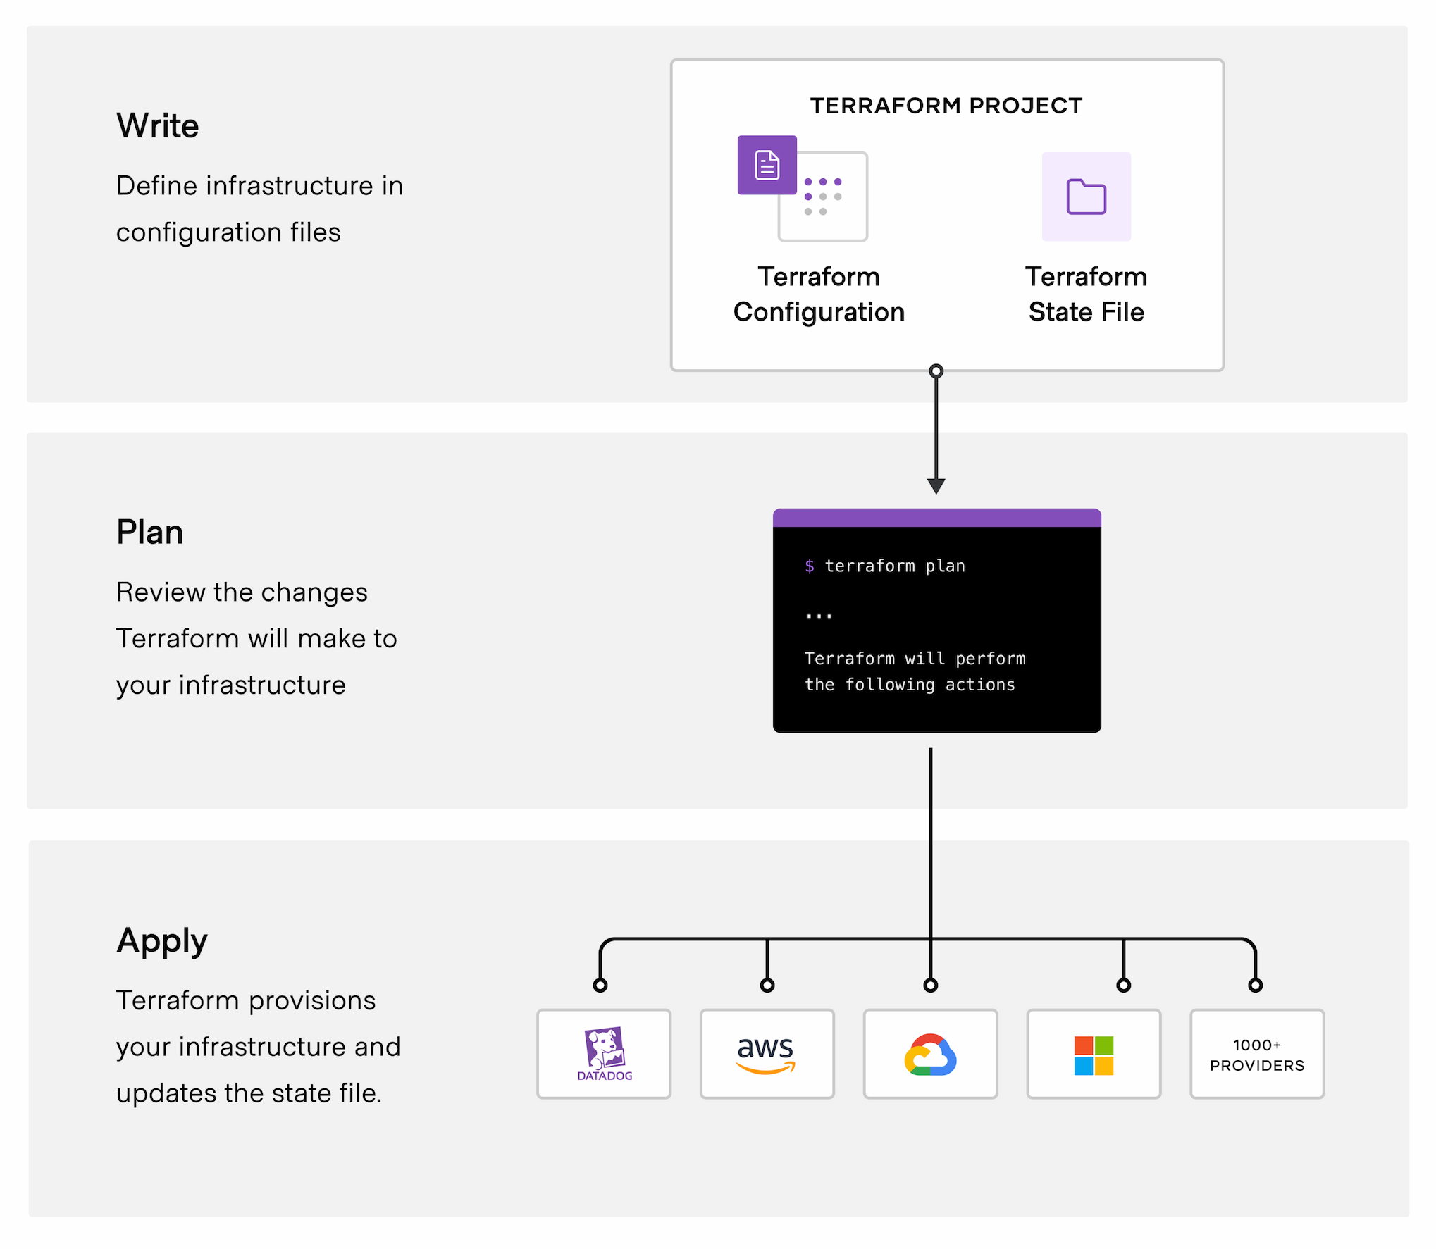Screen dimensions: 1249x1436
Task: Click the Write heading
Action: point(157,126)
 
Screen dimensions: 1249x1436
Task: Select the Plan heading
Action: point(149,533)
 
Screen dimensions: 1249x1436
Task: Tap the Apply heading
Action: point(162,940)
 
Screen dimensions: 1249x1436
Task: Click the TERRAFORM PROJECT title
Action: point(946,106)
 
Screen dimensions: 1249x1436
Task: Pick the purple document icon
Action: point(767,165)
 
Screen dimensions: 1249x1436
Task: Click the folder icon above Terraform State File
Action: point(1086,197)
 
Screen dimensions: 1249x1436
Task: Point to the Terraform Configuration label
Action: point(819,294)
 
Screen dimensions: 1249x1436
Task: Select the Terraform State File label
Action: point(1086,294)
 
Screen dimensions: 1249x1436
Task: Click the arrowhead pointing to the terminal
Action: point(936,486)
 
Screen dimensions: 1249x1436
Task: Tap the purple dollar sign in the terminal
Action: point(810,566)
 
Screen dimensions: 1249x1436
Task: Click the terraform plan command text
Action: point(895,566)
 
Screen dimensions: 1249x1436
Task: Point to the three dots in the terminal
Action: point(819,616)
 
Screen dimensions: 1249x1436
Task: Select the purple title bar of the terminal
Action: point(936,518)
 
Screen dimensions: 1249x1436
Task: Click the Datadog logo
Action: point(604,1053)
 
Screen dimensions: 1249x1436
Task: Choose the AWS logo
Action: point(766,1053)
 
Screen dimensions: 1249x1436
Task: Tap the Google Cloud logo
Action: point(930,1055)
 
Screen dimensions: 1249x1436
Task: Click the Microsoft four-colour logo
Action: point(1094,1055)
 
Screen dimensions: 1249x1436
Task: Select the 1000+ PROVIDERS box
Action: point(1257,1055)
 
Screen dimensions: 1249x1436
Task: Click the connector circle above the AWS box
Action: point(767,986)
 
